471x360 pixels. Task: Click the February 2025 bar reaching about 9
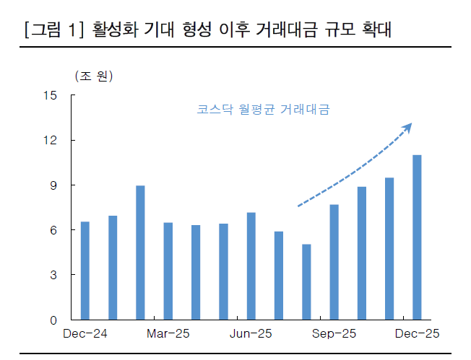[x=140, y=253]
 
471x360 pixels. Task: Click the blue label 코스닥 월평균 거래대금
[x=263, y=110]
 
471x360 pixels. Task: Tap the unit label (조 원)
[x=94, y=76]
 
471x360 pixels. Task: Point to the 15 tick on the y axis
[x=49, y=95]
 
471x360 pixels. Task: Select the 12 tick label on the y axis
[x=49, y=140]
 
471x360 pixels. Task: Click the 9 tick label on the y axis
[x=53, y=185]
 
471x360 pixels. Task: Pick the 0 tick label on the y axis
[x=53, y=320]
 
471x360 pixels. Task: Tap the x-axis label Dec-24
[x=85, y=333]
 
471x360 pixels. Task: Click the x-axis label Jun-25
[x=251, y=333]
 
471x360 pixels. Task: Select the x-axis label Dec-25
[x=417, y=333]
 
